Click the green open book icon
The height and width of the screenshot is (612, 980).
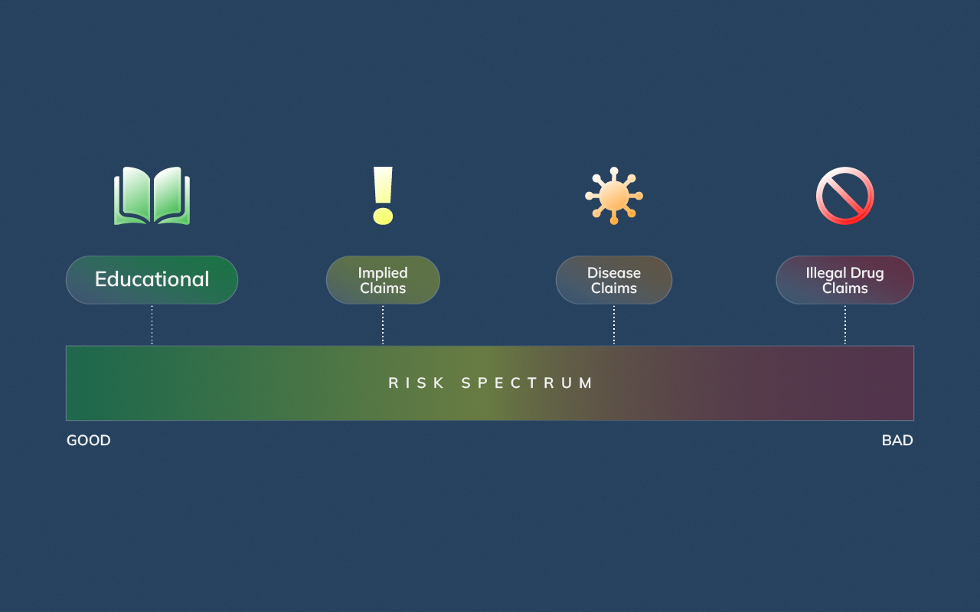152,196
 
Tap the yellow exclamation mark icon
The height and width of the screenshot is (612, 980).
383,195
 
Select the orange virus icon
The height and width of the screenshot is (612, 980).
614,196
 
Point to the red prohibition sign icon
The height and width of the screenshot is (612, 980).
844,196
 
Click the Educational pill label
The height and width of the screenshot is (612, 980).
152,280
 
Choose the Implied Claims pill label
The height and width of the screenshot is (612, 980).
383,280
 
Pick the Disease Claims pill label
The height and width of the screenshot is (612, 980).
614,280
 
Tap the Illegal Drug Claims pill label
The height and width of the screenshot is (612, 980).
844,280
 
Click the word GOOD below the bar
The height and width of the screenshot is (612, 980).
89,441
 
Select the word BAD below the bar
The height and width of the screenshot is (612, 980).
897,441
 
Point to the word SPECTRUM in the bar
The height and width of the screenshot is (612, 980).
528,383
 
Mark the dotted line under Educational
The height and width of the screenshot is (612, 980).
152,325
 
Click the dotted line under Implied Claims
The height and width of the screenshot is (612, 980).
383,325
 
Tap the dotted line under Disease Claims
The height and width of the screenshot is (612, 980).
614,325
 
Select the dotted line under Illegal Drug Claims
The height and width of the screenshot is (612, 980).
845,325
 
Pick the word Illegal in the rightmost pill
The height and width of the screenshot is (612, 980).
825,273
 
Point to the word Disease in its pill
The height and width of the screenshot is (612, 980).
614,273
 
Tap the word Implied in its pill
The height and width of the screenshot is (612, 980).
383,273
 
